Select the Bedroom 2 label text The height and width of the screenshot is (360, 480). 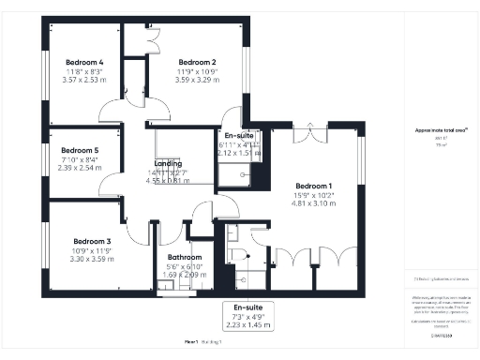(198, 61)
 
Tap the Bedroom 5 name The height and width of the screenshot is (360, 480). (81, 150)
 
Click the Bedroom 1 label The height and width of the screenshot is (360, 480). (313, 186)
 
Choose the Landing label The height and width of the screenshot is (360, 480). (168, 164)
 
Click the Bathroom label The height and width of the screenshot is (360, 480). (185, 257)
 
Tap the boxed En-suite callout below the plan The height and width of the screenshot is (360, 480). (248, 315)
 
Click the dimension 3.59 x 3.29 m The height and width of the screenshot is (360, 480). (198, 80)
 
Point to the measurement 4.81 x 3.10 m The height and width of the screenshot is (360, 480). (313, 202)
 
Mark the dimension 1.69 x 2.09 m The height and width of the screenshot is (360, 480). (185, 275)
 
